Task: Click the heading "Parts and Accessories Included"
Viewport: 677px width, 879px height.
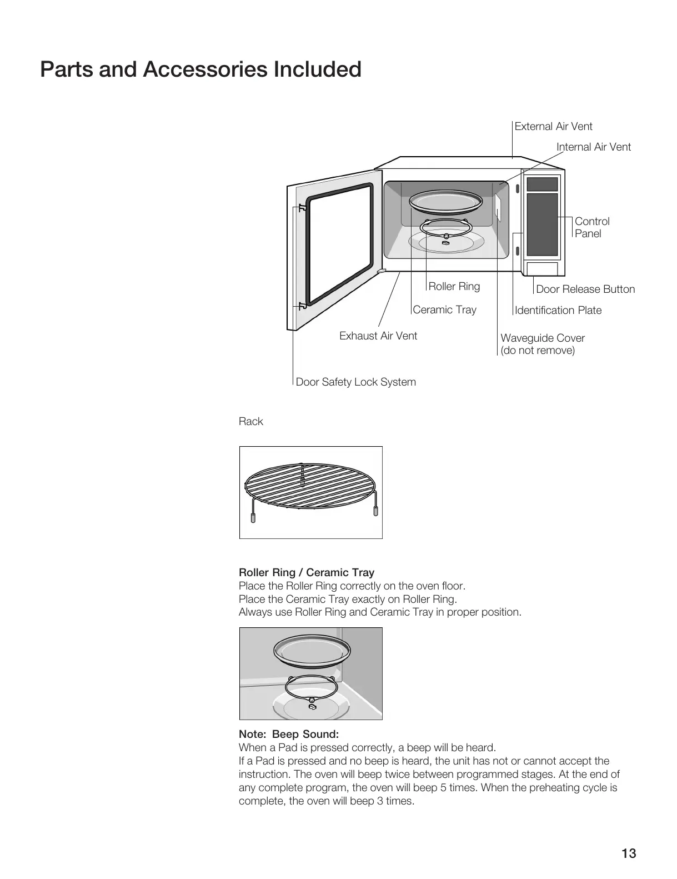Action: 200,69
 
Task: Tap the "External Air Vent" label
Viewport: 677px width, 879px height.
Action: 553,126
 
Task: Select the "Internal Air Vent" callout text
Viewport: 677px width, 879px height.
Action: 594,147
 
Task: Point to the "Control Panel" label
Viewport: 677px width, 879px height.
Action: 592,227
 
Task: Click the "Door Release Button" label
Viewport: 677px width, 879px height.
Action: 585,289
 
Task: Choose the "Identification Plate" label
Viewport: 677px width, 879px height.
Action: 558,310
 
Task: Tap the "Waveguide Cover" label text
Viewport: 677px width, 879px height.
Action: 542,338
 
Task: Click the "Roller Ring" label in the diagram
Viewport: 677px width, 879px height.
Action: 454,286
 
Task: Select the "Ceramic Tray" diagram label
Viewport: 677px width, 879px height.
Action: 444,309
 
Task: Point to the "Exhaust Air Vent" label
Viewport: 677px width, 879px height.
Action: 378,336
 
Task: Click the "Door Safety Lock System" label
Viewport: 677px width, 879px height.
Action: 355,382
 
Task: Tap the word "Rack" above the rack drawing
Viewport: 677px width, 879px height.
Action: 250,421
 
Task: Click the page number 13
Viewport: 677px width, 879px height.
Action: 629,853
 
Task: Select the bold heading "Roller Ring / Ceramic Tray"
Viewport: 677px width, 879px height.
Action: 306,572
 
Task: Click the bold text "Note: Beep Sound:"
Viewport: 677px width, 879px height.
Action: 288,734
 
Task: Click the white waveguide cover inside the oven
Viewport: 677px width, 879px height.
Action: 499,208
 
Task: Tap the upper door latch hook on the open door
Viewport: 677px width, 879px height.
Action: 302,208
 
